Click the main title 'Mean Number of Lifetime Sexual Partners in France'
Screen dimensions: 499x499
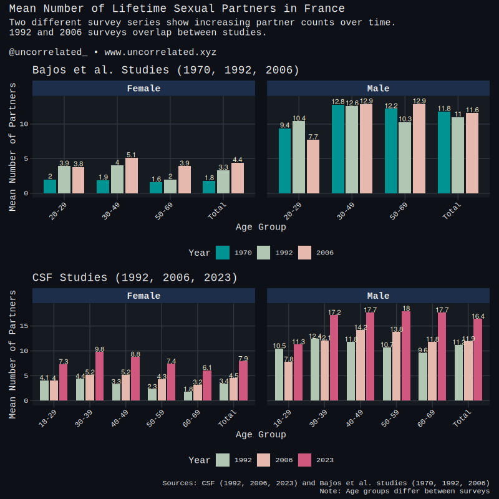(177, 9)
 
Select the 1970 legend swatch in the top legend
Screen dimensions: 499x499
(223, 253)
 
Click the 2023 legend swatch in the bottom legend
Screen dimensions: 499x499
(305, 460)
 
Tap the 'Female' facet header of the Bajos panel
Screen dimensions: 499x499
(143, 89)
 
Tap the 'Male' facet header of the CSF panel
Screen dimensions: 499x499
(378, 296)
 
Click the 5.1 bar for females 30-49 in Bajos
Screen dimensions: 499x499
(131, 175)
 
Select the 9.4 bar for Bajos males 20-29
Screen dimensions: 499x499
(284, 161)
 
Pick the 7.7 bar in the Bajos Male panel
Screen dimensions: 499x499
(313, 167)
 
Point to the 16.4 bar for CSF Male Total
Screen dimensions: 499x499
(478, 360)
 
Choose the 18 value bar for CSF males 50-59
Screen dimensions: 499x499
(406, 356)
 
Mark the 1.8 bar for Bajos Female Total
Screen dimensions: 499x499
(209, 187)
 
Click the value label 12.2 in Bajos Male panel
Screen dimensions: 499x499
(391, 105)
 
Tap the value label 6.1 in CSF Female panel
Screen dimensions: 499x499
(207, 367)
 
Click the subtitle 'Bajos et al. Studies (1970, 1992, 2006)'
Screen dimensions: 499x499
(165, 70)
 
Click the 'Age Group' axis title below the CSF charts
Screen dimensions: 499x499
(261, 434)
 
